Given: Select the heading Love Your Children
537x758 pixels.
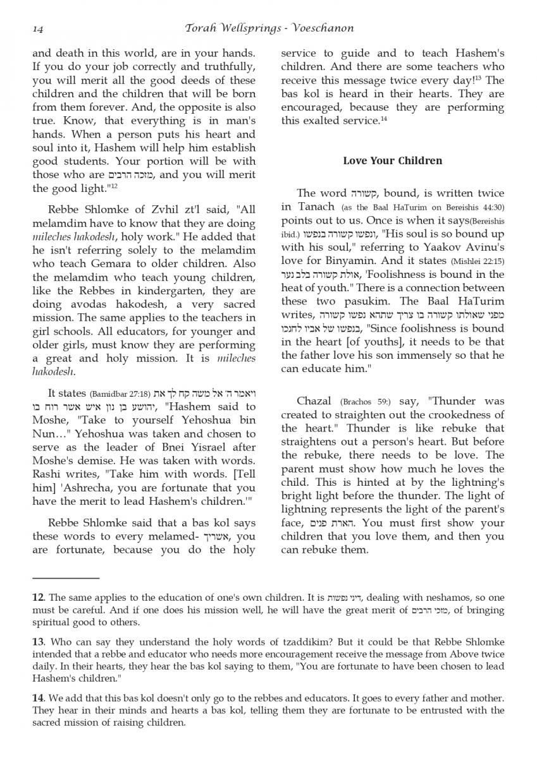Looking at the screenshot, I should (x=392, y=160).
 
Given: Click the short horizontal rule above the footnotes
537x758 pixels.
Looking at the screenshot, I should (x=66, y=577).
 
